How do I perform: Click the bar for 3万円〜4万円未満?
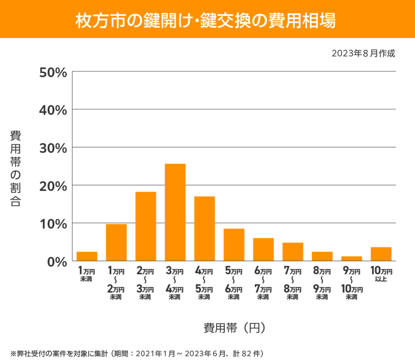175,212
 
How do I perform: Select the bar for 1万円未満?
87,256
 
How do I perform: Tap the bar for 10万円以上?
381,254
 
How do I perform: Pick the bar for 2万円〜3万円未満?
146,226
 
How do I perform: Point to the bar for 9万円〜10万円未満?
352,258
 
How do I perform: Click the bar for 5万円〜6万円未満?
234,245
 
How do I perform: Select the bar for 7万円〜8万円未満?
293,252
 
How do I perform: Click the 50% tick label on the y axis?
53,72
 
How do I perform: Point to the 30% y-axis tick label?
53,148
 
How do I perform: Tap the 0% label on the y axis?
57,261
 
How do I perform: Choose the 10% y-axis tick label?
53,224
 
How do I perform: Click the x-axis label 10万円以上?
381,275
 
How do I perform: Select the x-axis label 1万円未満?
87,275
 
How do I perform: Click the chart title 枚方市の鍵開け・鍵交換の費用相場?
207,19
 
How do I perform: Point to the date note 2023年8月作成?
363,54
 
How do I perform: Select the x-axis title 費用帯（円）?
234,328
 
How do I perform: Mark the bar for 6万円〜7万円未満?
263,250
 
